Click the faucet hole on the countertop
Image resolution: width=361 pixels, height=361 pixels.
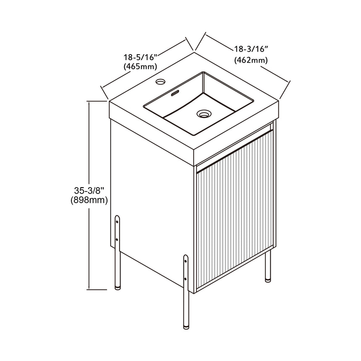pos(160,81)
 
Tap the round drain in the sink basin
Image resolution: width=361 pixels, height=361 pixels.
pos(204,113)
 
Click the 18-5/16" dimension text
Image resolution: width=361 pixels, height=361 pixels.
pos(140,57)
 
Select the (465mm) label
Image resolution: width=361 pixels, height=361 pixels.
pos(140,67)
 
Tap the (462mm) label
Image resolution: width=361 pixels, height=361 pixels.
pos(251,60)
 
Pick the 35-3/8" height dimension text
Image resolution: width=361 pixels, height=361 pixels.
pos(89,191)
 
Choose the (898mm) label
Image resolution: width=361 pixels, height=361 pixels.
pos(89,200)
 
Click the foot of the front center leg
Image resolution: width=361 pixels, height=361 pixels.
pos(186,327)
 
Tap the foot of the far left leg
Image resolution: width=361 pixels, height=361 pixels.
pos(118,288)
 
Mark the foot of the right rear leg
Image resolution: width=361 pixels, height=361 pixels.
pos(267,280)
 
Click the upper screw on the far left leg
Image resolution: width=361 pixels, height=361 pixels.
pos(117,222)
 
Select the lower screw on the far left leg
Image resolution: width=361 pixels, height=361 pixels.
pos(117,240)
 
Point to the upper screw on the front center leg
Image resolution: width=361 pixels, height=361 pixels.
pos(186,261)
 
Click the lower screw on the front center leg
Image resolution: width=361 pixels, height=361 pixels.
pos(186,279)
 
